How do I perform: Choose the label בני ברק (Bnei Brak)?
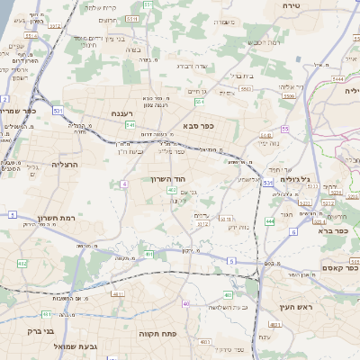point(30,330)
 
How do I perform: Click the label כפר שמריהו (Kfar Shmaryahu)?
point(18,111)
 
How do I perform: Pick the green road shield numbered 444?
point(269,220)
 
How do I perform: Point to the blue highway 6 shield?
point(292,231)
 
